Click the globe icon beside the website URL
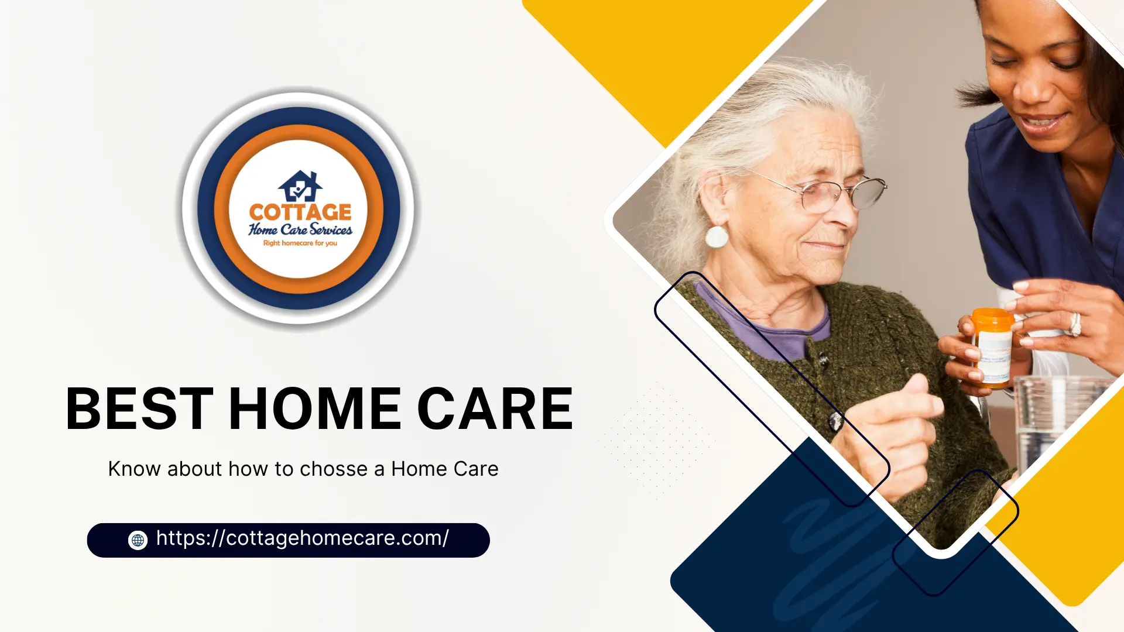(138, 540)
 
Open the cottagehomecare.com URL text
(302, 538)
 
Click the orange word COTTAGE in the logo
(300, 212)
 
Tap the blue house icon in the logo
(300, 186)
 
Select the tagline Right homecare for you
(300, 243)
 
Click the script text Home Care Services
(300, 229)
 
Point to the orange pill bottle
(992, 348)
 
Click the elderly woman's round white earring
(716, 237)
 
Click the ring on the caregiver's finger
(1075, 324)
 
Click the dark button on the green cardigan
(835, 420)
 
